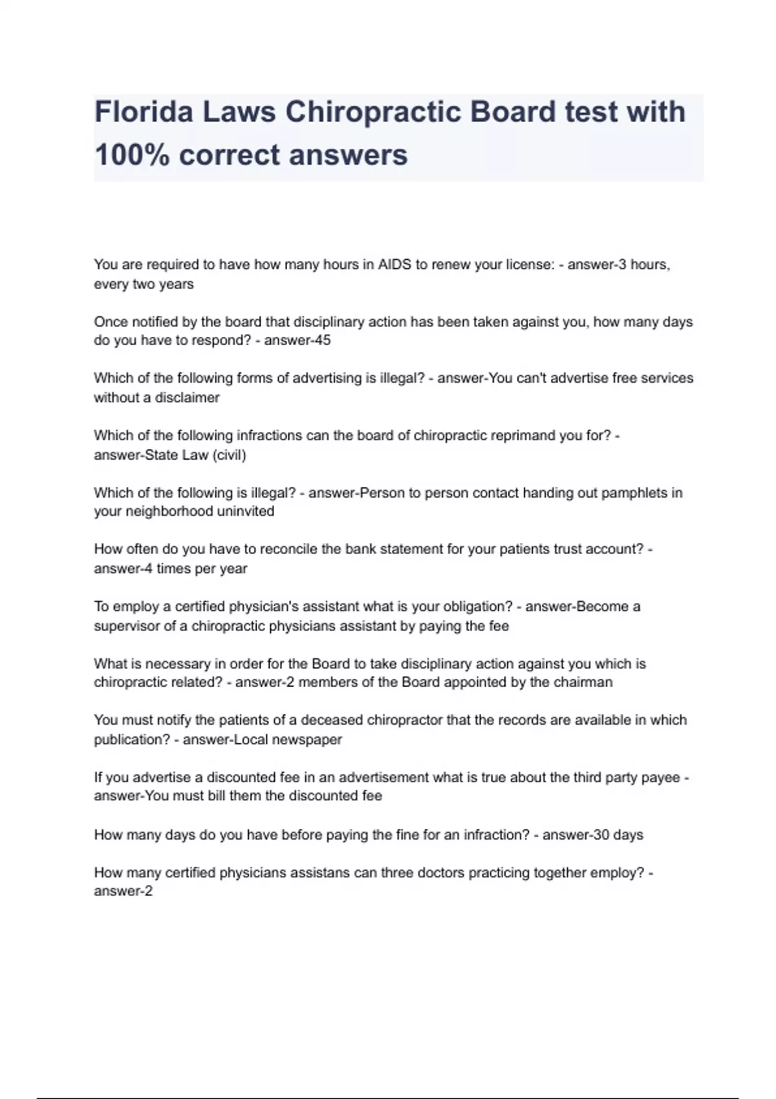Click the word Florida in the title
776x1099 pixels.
144,112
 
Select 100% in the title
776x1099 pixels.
132,155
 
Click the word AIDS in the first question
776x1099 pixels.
394,264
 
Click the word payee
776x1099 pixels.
660,778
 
